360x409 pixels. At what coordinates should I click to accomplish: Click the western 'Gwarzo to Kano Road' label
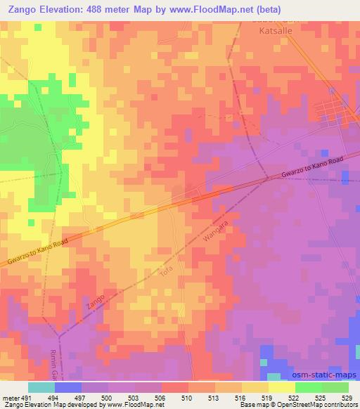(38, 252)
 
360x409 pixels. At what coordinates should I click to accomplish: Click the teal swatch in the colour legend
(41, 387)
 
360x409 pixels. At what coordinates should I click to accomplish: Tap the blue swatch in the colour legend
(67, 387)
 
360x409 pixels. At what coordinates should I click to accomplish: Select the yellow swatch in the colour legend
(281, 387)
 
